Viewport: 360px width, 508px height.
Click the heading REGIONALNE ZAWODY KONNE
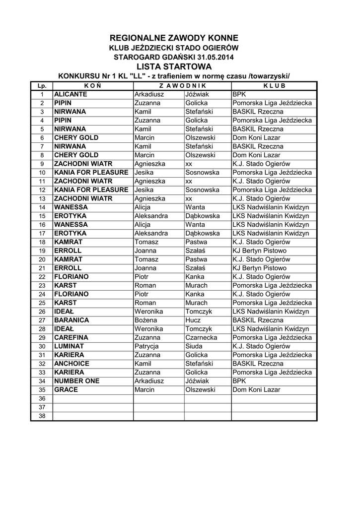174,38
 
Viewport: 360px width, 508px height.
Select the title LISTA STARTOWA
174,66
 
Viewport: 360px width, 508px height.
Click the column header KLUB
274,85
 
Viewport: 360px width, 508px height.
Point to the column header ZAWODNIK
182,85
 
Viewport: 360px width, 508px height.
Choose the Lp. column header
42,85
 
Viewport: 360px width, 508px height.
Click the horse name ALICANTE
71,94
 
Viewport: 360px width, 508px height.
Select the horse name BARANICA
72,320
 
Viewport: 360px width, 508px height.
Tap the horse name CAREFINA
72,338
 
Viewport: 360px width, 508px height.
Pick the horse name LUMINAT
69,346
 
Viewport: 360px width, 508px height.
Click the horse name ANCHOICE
72,364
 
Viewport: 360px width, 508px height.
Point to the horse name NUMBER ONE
76,381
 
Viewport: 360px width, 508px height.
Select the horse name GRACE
66,390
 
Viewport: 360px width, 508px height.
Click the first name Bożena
146,320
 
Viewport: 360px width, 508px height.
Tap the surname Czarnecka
202,338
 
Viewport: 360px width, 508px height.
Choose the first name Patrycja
147,346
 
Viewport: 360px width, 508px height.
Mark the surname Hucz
193,320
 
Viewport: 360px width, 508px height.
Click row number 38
42,416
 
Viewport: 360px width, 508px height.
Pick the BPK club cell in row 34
239,381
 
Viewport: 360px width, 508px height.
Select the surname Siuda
194,346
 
